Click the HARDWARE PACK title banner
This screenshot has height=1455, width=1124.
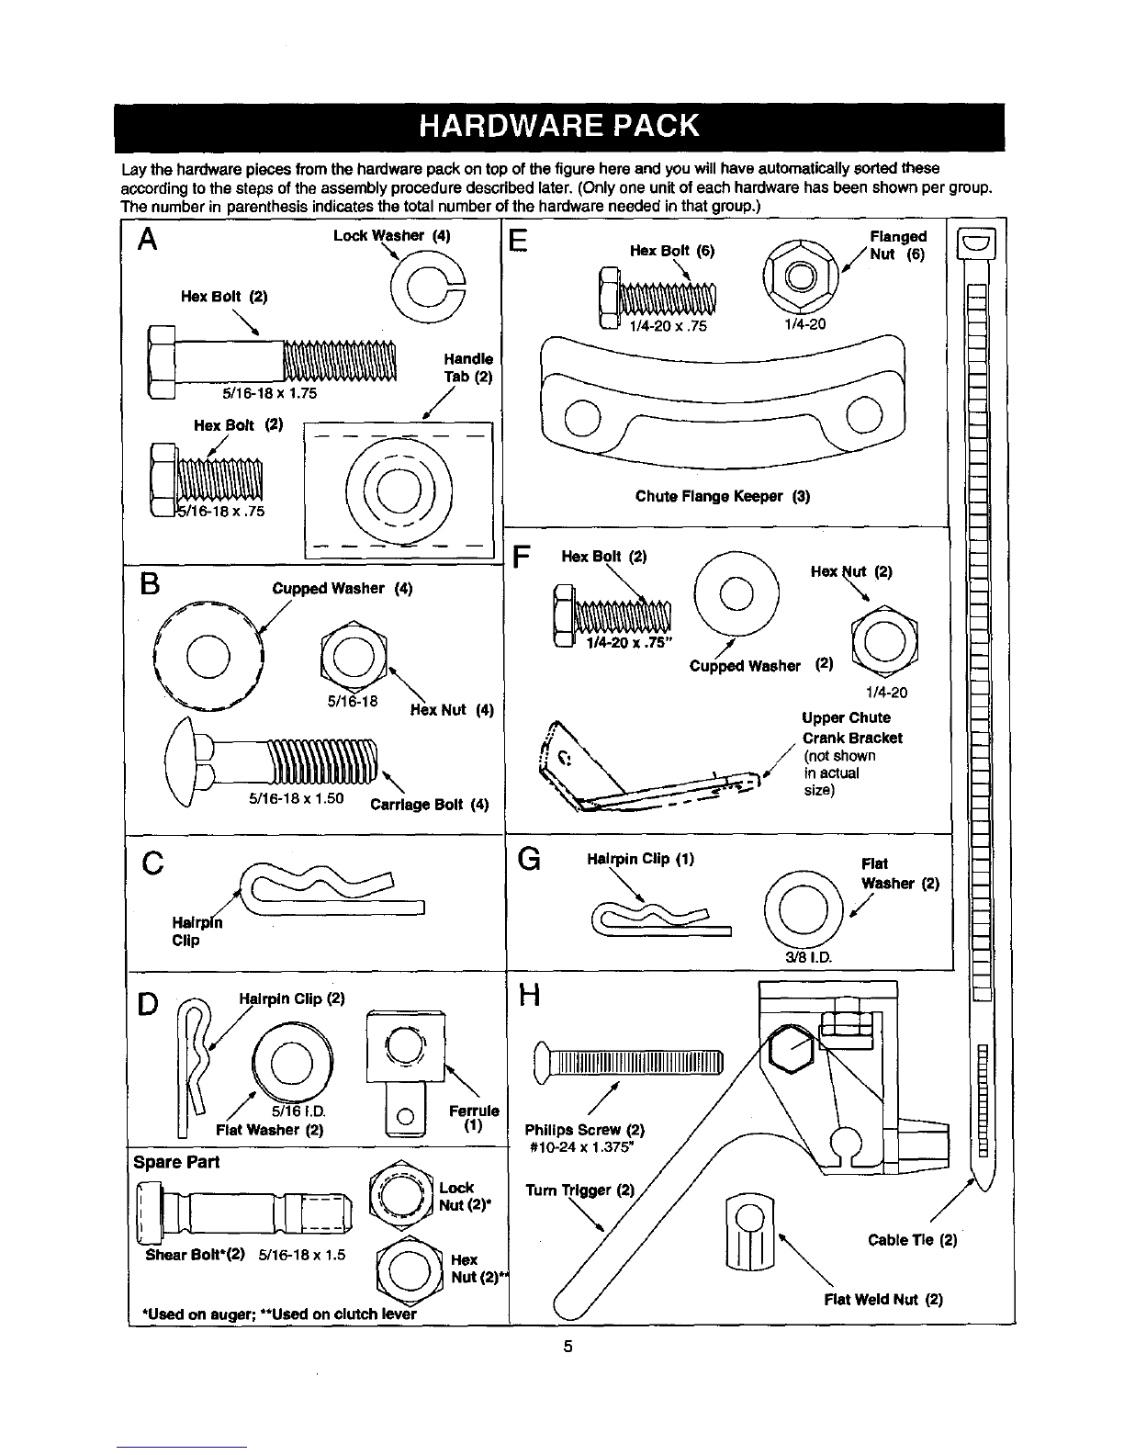tap(559, 127)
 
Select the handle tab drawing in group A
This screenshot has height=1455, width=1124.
tap(399, 490)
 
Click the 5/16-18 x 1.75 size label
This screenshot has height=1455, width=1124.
tap(270, 393)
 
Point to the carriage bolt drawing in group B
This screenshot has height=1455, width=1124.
tap(271, 761)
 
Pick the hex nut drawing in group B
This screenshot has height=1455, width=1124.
tap(354, 656)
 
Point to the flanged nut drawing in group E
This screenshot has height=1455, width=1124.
tap(801, 276)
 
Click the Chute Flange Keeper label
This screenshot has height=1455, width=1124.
tap(723, 496)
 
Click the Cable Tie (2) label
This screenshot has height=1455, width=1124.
tap(913, 1239)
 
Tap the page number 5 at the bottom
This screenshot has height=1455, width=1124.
tap(568, 1346)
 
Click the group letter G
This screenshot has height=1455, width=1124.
tap(529, 859)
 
